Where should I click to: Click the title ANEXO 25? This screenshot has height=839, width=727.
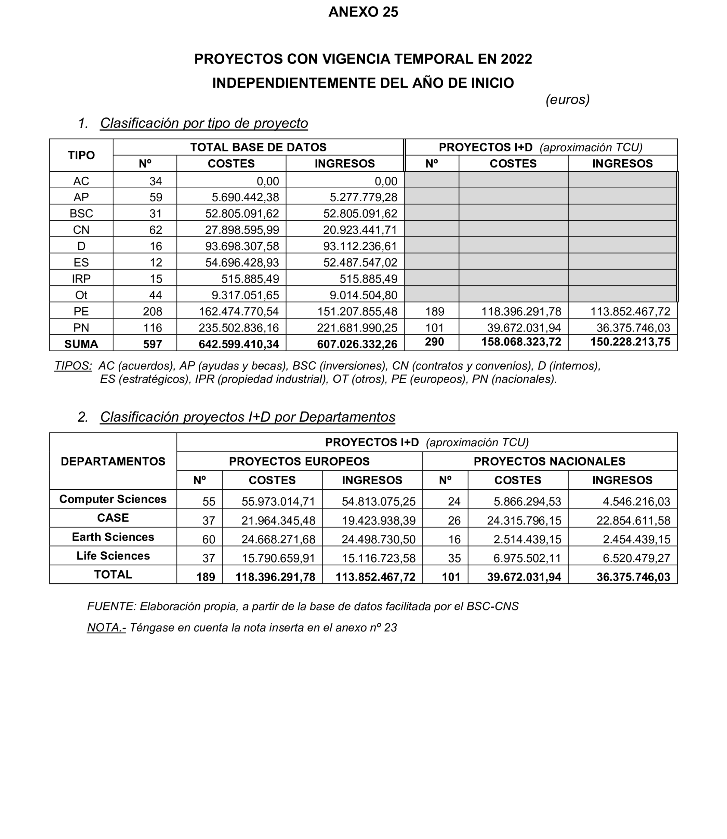click(363, 12)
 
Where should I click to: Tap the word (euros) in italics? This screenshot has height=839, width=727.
click(567, 99)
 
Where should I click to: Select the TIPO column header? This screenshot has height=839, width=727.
click(81, 155)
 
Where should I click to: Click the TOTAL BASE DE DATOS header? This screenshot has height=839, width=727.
click(258, 147)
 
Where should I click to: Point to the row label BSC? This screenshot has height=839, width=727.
click(81, 213)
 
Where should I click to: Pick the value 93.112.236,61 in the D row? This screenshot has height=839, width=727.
click(360, 246)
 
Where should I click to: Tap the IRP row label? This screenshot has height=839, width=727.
click(81, 279)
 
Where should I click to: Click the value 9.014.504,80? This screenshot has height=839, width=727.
click(363, 295)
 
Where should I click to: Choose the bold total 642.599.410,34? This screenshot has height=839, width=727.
click(239, 344)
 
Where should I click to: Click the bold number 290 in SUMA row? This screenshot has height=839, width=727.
click(434, 342)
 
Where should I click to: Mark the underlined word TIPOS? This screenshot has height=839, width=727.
click(74, 366)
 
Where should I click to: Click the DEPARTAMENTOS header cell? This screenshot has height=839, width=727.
click(113, 461)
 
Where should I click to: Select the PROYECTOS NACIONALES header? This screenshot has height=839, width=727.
click(549, 461)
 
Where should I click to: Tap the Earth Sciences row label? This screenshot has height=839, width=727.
click(113, 537)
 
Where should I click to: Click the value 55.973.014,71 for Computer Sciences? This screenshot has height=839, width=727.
click(278, 502)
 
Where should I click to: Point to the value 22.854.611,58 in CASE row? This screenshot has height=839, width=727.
click(633, 521)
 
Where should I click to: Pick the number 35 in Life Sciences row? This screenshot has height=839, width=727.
click(454, 558)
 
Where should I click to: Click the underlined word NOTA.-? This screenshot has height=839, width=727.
click(106, 628)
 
